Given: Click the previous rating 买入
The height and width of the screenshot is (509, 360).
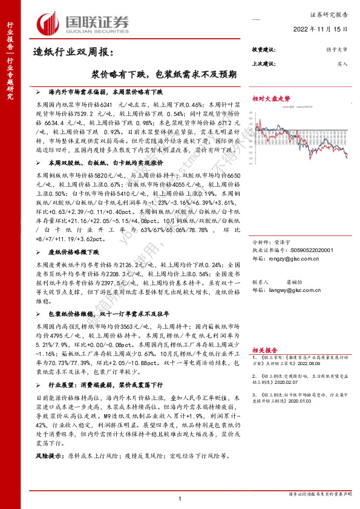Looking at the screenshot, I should [x=341, y=63].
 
